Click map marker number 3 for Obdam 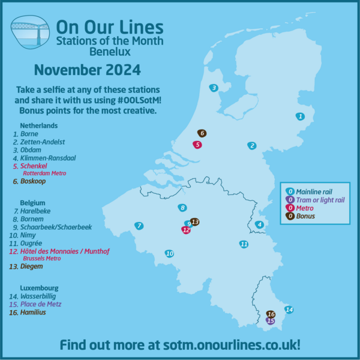coord(214,88)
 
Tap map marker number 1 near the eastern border coord(300,116)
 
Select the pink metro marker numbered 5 coord(197,145)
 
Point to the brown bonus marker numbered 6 coord(202,133)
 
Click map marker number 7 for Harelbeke coord(139,226)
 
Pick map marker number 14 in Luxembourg coord(289,310)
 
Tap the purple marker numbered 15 coord(271,321)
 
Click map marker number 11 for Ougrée coord(244,244)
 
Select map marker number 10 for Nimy coord(169,253)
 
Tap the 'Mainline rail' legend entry coord(311,191)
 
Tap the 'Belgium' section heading coord(32,203)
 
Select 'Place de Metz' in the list coord(41,304)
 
